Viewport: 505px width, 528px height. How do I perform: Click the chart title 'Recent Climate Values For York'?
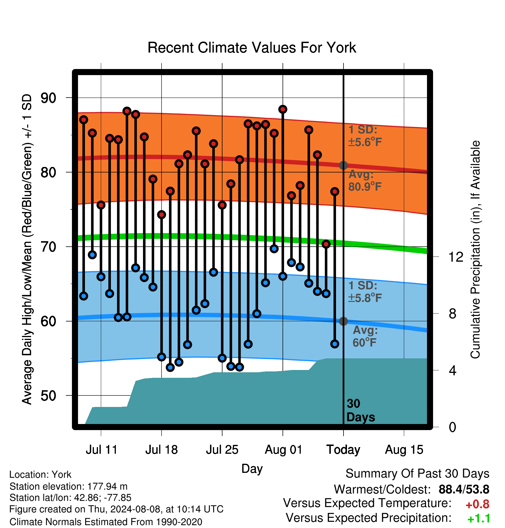pos(252,48)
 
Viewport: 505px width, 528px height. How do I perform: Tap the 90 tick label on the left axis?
pos(49,98)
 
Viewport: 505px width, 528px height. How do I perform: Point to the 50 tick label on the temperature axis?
pos(49,396)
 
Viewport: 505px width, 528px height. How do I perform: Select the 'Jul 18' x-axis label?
pos(161,450)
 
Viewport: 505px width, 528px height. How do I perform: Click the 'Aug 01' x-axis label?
pos(283,450)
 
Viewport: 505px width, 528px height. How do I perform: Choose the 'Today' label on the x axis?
pos(343,450)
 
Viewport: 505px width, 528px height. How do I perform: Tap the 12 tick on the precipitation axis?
pos(456,257)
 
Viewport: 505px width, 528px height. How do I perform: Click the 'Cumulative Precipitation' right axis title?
pos(475,250)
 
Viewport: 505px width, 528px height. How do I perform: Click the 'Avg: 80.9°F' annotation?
pos(365,181)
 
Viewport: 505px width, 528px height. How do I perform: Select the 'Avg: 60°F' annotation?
pos(365,336)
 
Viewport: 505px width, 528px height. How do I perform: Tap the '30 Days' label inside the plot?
pos(361,410)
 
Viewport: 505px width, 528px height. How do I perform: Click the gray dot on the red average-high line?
pos(343,165)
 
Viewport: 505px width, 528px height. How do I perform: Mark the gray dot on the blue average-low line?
pos(343,321)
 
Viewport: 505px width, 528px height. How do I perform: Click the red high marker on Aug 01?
pos(283,109)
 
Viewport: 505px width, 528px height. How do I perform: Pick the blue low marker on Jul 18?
pos(161,357)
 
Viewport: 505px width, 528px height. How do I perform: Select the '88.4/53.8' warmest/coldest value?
pos(464,490)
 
